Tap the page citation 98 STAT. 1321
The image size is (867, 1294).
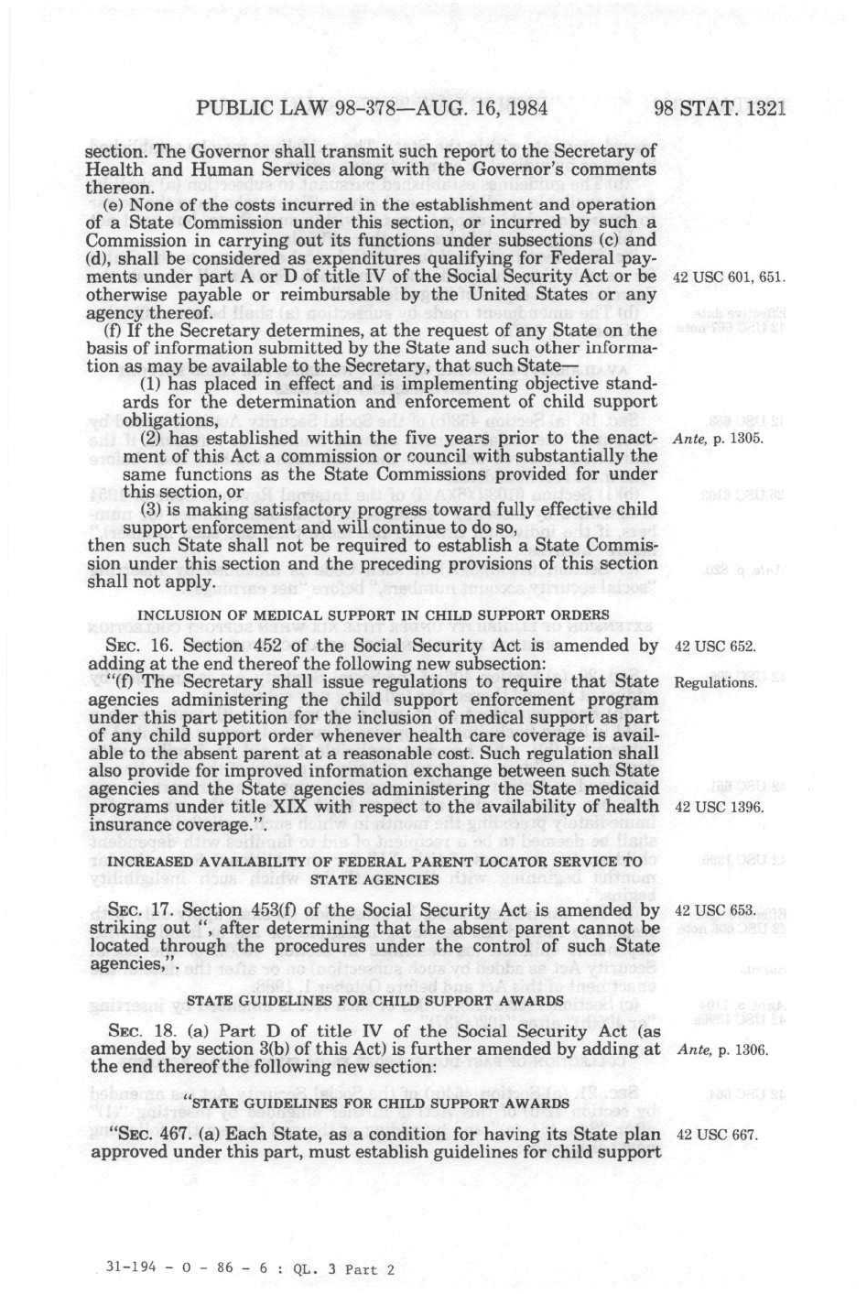721,109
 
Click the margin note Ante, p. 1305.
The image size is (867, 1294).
718,439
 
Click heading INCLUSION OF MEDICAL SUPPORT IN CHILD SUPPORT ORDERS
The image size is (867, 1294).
373,614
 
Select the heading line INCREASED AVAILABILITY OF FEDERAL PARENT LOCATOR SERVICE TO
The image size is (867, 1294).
374,862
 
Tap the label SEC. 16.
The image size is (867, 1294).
134,647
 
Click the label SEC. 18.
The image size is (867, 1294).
134,1032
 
